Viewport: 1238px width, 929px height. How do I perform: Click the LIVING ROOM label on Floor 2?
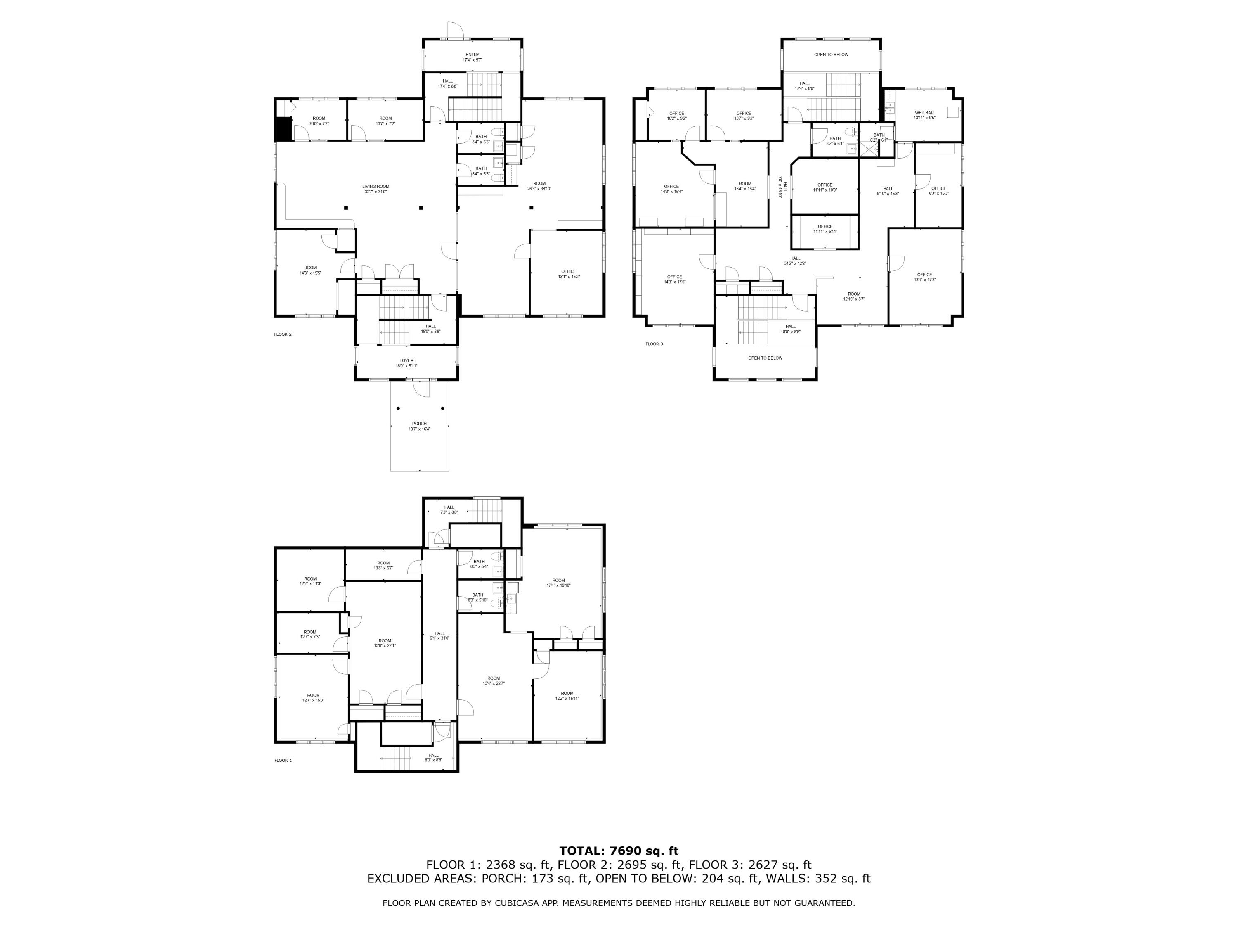click(x=375, y=189)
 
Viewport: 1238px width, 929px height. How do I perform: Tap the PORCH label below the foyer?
click(x=419, y=426)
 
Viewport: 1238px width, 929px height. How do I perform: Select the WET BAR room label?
click(x=924, y=115)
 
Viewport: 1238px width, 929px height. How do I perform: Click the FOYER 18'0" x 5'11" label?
click(x=406, y=363)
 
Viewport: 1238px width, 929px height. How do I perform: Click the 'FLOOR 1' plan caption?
click(x=283, y=761)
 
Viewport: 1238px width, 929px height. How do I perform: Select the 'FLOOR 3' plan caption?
click(x=654, y=344)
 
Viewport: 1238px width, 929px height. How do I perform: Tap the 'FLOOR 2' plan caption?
click(x=283, y=334)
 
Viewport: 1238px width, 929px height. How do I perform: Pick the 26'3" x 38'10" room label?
click(x=539, y=186)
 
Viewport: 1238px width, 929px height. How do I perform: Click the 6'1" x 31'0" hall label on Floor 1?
click(x=439, y=635)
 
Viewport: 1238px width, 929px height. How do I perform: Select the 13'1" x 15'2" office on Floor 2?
click(x=569, y=274)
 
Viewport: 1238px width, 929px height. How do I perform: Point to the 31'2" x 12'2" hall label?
click(x=795, y=261)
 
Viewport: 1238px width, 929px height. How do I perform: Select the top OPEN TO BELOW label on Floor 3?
click(x=831, y=55)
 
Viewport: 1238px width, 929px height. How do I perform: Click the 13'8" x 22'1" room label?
click(x=385, y=643)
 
